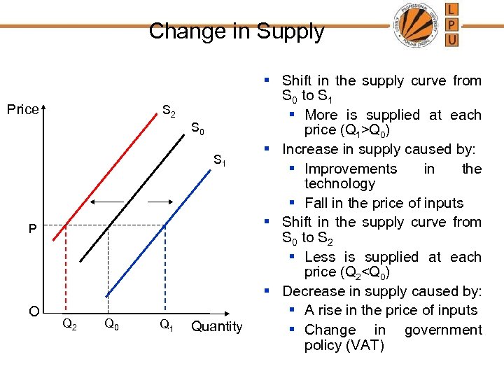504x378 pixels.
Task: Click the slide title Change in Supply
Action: click(237, 31)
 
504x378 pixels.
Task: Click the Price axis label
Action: click(22, 109)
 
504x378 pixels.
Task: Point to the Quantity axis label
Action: click(216, 326)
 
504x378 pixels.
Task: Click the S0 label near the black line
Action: click(197, 129)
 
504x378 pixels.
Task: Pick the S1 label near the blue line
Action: click(219, 162)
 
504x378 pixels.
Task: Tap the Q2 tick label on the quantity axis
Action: click(69, 324)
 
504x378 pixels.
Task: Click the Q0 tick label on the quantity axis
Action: click(111, 324)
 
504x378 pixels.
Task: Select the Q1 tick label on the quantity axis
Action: click(167, 324)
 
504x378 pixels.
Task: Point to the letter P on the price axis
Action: click(32, 229)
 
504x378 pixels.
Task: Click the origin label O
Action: click(33, 311)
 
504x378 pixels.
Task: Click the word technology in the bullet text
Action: click(339, 184)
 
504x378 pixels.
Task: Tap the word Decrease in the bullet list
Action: click(312, 291)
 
